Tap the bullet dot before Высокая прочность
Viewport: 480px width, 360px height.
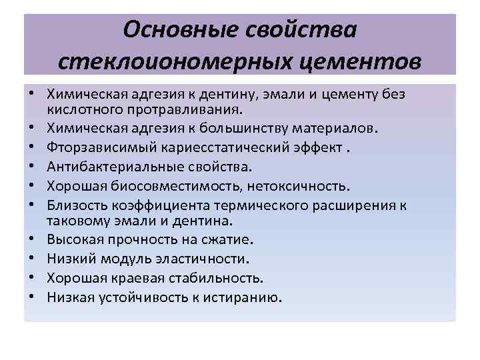[31, 239]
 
